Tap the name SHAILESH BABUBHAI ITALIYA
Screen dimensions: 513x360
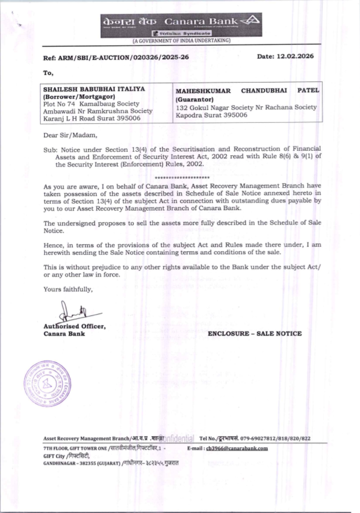94,89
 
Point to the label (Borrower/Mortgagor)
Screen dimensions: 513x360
79,96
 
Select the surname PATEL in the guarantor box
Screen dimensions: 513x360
308,90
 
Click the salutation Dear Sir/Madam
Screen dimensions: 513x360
70,135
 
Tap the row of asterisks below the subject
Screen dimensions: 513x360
182,178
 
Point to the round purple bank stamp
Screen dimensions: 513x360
47,383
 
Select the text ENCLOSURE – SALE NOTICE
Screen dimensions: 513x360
255,334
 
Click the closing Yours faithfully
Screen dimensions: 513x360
68,289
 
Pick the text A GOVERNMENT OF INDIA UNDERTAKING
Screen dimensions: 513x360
181,41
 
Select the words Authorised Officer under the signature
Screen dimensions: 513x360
75,327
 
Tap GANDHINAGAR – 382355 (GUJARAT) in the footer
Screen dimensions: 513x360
82,463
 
